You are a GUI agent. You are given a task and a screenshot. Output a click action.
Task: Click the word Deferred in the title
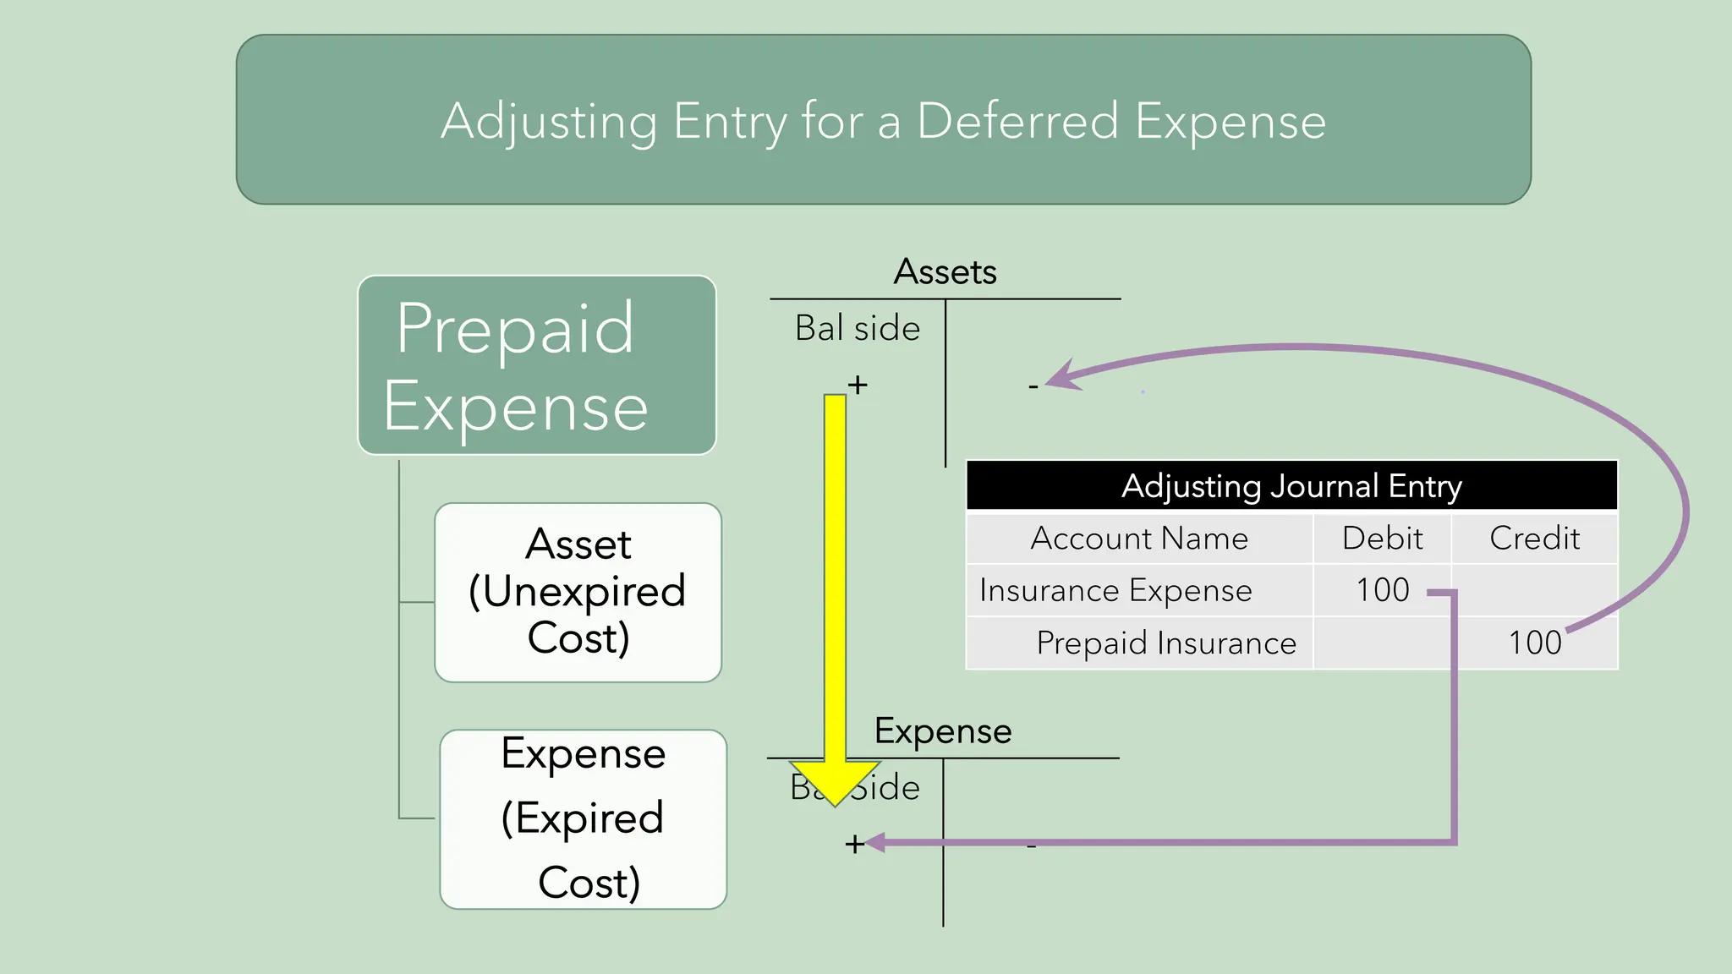[x=1018, y=121]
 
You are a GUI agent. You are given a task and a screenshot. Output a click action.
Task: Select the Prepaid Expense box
[x=536, y=365]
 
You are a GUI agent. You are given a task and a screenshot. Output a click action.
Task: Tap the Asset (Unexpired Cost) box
[x=578, y=592]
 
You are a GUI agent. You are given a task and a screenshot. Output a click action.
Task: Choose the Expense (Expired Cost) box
[x=583, y=818]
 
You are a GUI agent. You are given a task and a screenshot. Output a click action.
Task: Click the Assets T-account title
[x=945, y=272]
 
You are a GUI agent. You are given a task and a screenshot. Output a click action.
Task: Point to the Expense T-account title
[x=942, y=730]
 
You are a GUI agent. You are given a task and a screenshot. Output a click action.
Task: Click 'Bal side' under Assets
[x=857, y=328]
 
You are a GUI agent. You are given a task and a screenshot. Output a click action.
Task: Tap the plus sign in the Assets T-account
[x=858, y=385]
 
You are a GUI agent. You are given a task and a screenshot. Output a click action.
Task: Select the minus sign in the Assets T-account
[x=1033, y=387]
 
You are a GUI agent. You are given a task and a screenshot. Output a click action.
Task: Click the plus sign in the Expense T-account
[x=853, y=844]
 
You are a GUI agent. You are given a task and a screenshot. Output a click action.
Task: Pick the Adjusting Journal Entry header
[x=1291, y=486]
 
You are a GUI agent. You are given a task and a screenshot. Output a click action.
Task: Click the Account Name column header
[x=1138, y=539]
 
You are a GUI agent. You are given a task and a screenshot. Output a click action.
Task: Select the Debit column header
[x=1382, y=539]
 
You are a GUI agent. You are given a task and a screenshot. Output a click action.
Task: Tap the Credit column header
[x=1534, y=539]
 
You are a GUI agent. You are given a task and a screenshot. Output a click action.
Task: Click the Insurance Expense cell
[x=1115, y=590]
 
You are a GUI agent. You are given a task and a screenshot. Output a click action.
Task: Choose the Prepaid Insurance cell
[x=1165, y=643]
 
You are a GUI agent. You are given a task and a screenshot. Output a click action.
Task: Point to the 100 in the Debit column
[x=1382, y=590]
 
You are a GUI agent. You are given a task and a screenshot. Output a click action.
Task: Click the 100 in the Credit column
[x=1534, y=643]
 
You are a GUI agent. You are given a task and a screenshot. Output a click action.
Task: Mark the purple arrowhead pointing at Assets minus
[x=1061, y=376]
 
